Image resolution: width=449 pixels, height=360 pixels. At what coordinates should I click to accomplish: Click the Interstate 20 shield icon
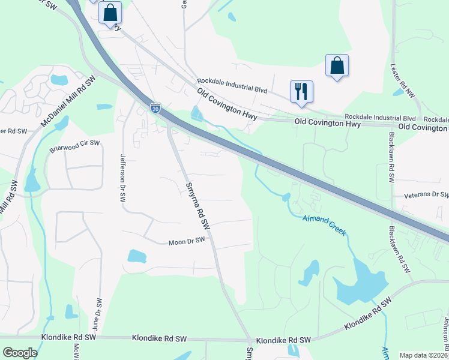pyautogui.click(x=155, y=108)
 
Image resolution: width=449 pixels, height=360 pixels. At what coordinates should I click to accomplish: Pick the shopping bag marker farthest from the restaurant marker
pyautogui.click(x=110, y=13)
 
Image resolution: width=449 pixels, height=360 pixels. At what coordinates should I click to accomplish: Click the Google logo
pyautogui.click(x=20, y=353)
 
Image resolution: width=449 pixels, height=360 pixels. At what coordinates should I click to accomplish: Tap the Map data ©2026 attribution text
pyautogui.click(x=424, y=355)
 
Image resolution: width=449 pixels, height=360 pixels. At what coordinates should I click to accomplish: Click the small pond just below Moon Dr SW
pyautogui.click(x=137, y=256)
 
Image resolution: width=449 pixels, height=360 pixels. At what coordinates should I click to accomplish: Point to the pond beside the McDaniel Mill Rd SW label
pyautogui.click(x=59, y=80)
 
